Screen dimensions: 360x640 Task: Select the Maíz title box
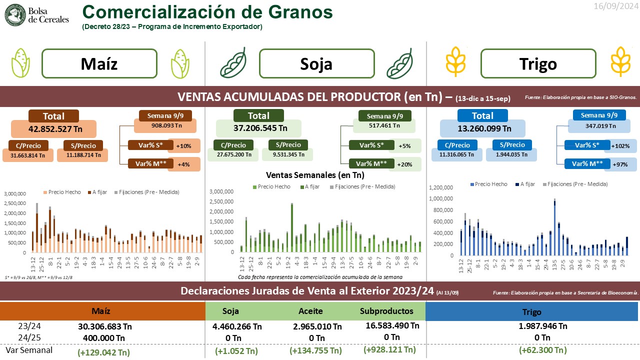coord(99,64)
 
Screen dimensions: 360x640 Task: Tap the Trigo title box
coord(538,64)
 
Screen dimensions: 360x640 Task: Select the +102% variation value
coord(620,146)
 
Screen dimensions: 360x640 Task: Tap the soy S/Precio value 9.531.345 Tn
coord(288,154)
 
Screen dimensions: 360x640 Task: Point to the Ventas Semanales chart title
coord(315,175)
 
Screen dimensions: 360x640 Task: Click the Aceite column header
coord(311,311)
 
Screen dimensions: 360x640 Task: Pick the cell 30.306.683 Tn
coord(104,326)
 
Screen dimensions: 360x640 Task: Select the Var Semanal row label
coord(29,350)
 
